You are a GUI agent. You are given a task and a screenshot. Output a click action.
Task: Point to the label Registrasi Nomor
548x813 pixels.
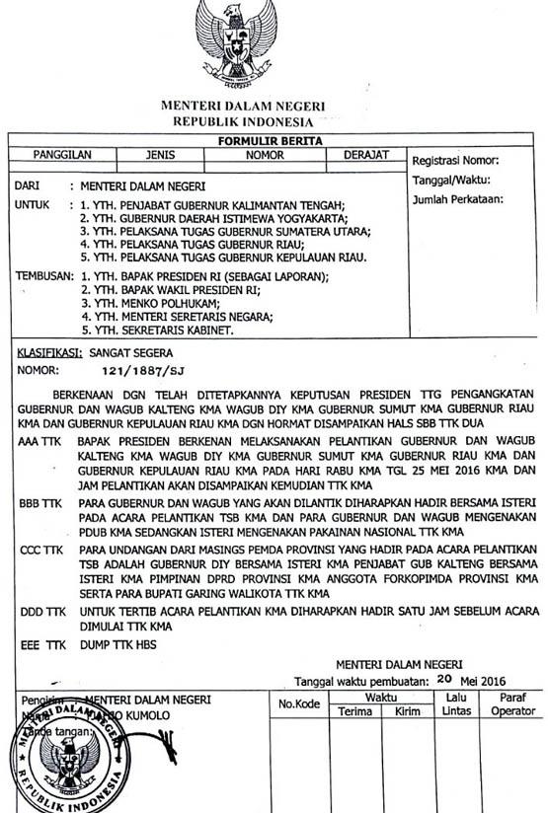pos(455,161)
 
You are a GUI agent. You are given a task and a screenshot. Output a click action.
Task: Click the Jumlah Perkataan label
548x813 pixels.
pos(457,198)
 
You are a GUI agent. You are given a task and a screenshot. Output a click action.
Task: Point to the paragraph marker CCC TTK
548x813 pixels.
pos(39,548)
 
